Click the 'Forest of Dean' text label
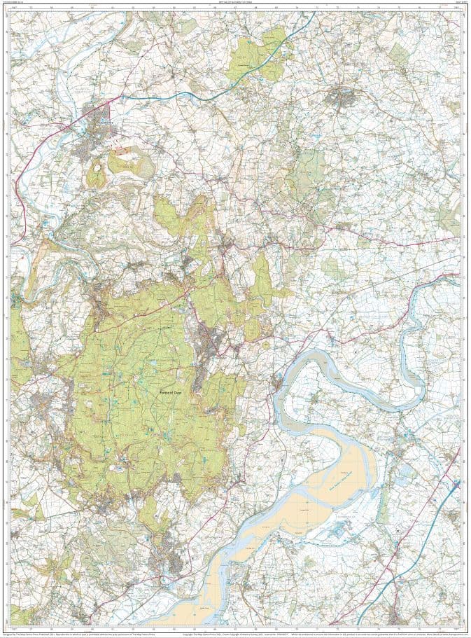point(171,392)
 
